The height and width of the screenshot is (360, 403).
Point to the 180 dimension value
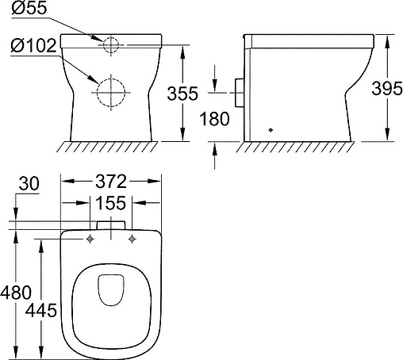214,120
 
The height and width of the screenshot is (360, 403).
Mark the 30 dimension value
29,184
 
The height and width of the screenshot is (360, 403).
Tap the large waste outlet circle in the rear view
110,91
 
